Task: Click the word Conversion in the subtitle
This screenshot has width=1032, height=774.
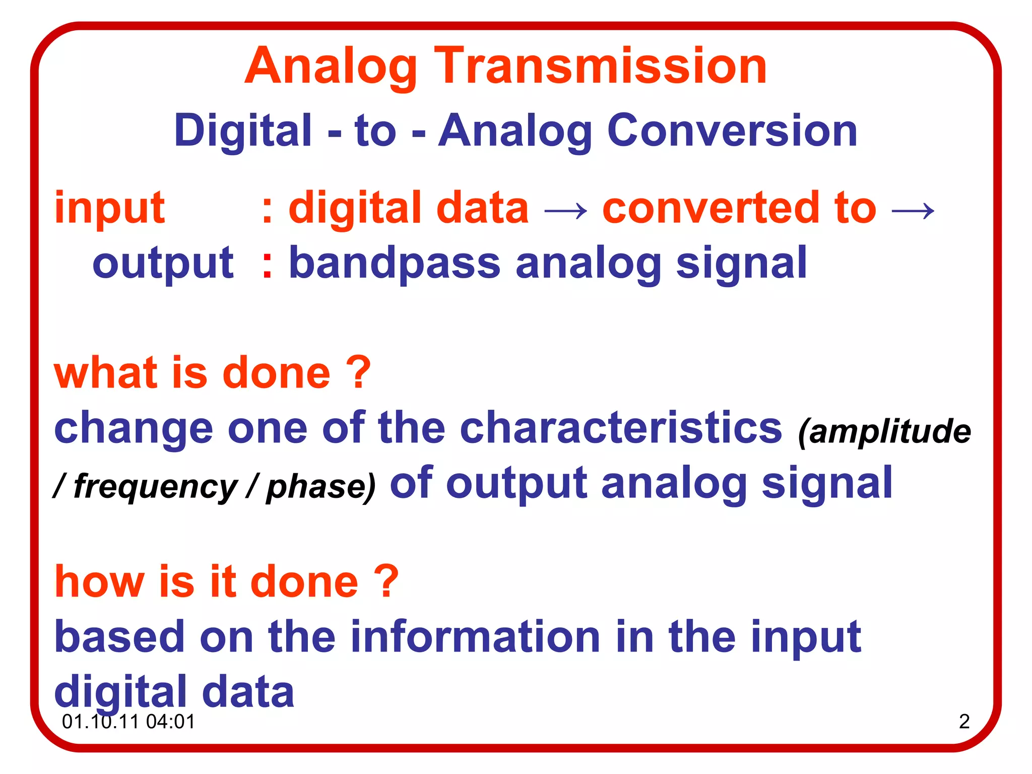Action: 732,131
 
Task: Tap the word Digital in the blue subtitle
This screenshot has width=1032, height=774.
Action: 243,131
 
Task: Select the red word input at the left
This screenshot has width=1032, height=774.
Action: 109,208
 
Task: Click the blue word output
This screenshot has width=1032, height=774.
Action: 163,263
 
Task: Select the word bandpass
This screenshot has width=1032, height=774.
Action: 394,263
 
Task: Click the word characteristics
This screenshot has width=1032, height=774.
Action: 621,428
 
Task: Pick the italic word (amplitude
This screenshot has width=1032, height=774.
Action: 884,432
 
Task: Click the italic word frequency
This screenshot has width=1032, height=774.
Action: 155,487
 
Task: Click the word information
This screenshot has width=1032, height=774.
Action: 475,636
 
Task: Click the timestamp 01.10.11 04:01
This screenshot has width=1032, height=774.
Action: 128,722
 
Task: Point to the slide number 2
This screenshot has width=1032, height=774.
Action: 964,722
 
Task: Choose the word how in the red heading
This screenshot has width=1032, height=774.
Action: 99,582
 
